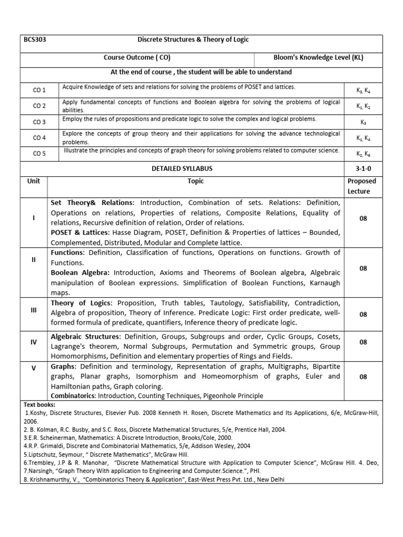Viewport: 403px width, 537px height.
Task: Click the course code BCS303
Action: (x=35, y=40)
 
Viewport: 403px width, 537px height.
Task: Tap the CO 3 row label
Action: (x=39, y=122)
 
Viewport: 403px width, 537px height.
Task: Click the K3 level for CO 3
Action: (x=363, y=122)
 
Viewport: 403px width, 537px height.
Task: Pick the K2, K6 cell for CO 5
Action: (x=363, y=154)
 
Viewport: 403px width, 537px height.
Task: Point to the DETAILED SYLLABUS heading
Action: (x=182, y=169)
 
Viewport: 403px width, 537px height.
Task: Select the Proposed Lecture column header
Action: (x=362, y=186)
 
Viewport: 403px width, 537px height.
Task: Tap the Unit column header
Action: (x=34, y=181)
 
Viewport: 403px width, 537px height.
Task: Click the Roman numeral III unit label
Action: (x=34, y=310)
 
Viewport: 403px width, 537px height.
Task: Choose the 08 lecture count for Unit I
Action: (x=363, y=218)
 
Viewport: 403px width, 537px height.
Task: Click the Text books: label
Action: (x=40, y=405)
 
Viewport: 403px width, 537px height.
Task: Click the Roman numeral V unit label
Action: (x=34, y=368)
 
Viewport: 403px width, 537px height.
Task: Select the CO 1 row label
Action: (x=39, y=90)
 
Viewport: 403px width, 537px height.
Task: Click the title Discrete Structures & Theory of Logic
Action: (x=193, y=40)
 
